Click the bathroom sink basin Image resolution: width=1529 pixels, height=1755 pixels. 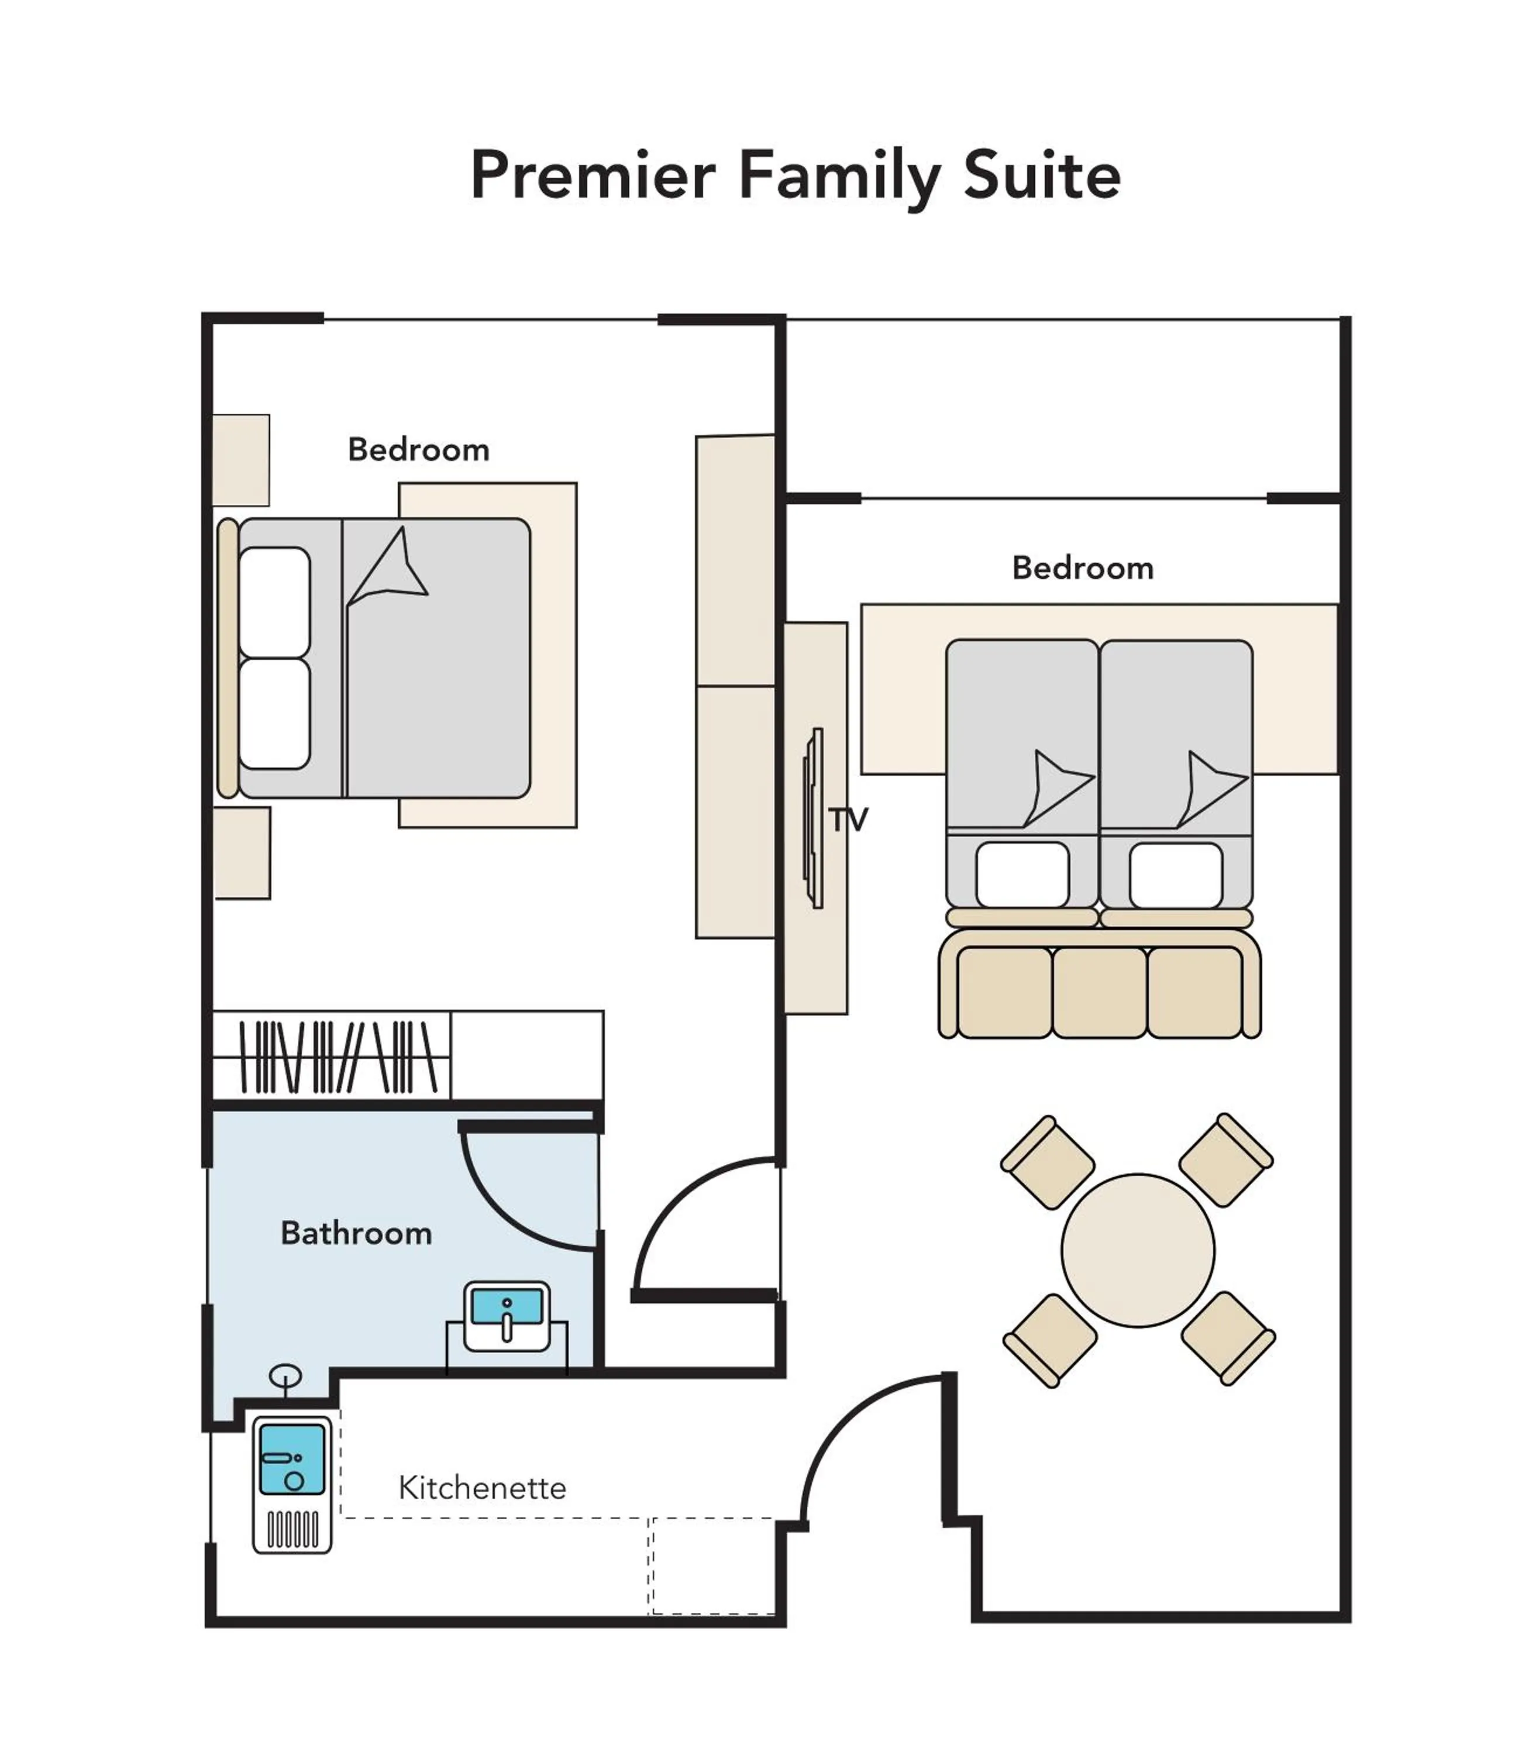507,1307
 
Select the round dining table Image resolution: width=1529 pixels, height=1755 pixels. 1137,1250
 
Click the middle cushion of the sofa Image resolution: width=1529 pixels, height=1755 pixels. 1099,992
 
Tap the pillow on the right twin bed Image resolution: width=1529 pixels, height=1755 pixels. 1176,875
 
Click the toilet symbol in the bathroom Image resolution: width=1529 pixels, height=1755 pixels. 285,1376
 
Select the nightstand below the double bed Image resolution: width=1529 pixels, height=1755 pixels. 242,852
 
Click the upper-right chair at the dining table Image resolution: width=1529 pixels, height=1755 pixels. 1226,1159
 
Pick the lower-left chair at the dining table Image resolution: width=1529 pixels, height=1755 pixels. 1051,1340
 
